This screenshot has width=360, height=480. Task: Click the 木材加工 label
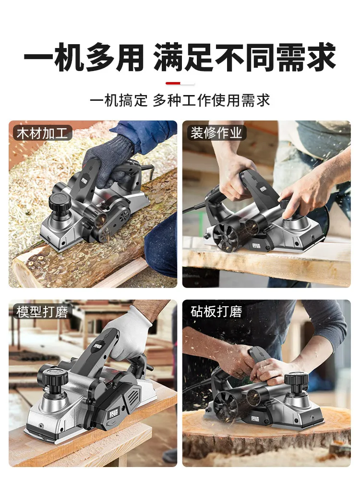pyautogui.click(x=42, y=133)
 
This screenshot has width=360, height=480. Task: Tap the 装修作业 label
pyautogui.click(x=216, y=133)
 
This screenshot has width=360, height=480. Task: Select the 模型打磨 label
pyautogui.click(x=42, y=312)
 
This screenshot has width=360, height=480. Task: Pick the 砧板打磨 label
pyautogui.click(x=216, y=312)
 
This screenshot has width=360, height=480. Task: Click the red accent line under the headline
pyautogui.click(x=180, y=83)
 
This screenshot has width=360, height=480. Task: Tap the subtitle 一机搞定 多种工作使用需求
pyautogui.click(x=180, y=100)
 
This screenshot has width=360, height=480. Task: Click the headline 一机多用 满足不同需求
pyautogui.click(x=180, y=57)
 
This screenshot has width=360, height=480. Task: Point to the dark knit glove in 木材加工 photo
pyautogui.click(x=108, y=162)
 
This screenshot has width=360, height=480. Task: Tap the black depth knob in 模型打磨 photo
pyautogui.click(x=53, y=380)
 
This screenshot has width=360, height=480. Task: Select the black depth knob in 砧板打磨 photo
pyautogui.click(x=296, y=382)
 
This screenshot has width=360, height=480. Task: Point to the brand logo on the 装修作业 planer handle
pyautogui.click(x=263, y=189)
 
